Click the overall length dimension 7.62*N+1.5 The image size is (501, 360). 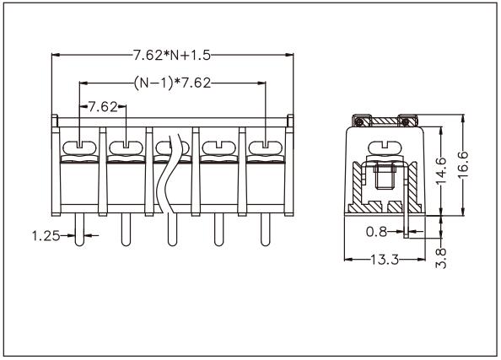(172, 56)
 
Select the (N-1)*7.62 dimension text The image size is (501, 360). (172, 83)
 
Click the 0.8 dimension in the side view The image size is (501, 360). (377, 229)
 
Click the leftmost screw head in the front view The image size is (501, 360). (79, 148)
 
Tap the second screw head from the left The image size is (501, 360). (126, 148)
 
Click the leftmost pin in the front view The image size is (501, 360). (79, 228)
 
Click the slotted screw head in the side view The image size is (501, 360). (384, 147)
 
